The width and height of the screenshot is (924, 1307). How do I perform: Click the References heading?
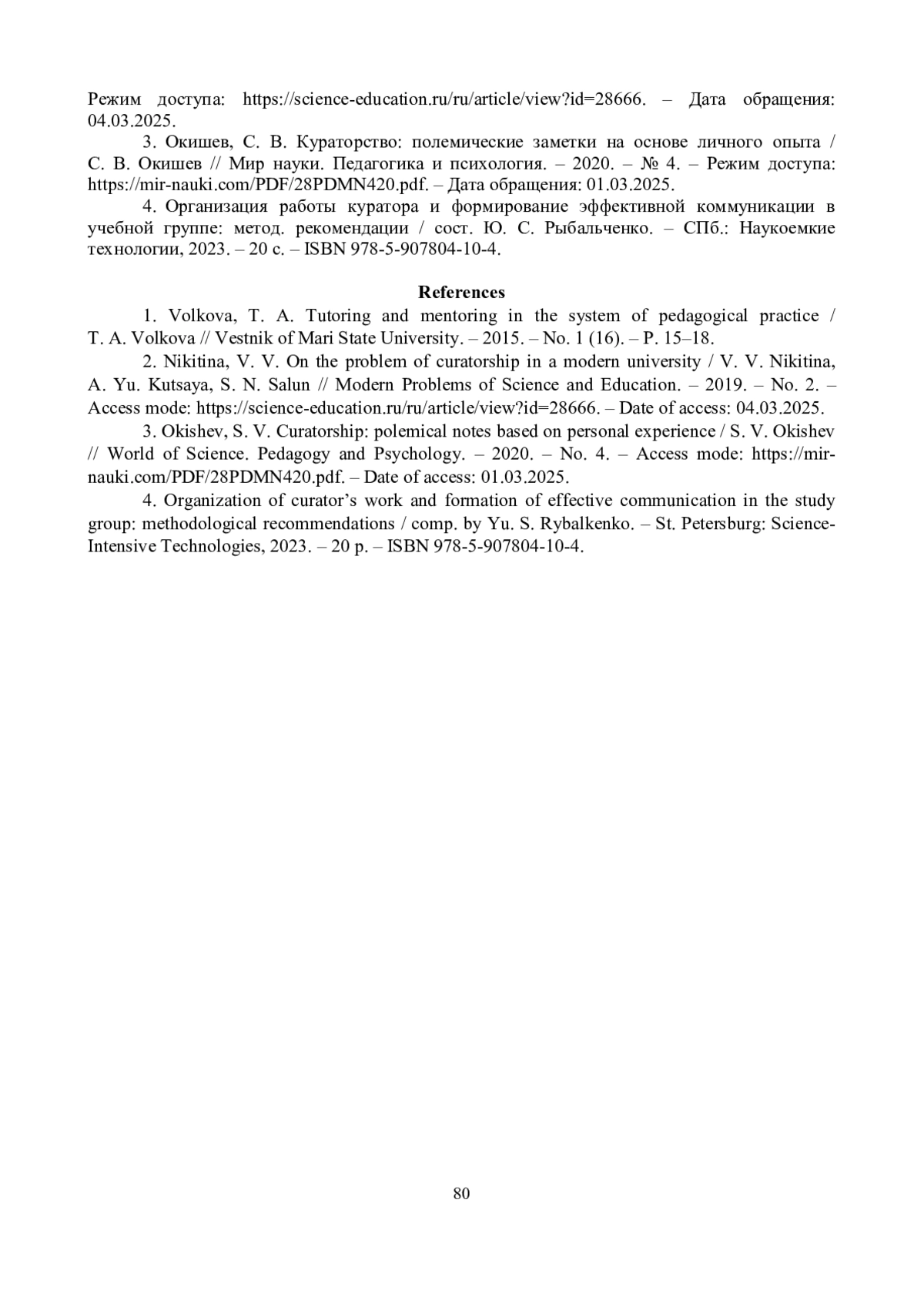click(461, 293)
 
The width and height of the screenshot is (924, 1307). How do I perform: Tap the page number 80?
click(462, 1194)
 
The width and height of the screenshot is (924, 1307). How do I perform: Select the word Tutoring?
click(338, 316)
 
